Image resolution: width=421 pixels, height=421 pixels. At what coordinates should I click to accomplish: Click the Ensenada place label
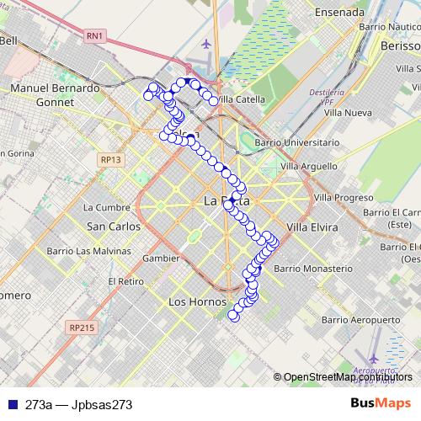coord(338,13)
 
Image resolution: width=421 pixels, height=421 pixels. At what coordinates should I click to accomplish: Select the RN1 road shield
coord(94,35)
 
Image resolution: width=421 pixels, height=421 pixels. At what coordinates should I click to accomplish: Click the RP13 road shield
coord(110,158)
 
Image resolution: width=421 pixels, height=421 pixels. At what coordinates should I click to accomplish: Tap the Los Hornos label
coord(198,301)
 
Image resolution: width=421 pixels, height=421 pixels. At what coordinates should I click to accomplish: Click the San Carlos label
coord(114,226)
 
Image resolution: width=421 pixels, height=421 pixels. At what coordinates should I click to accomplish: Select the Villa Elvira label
coord(312,227)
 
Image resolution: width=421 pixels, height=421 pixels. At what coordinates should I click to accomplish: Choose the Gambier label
coord(162,258)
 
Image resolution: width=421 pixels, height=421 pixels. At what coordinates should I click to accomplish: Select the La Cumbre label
coord(107,206)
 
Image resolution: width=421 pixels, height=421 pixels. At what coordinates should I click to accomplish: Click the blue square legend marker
coord(13,404)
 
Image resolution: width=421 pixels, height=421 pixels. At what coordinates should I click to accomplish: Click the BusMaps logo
coord(381,403)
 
